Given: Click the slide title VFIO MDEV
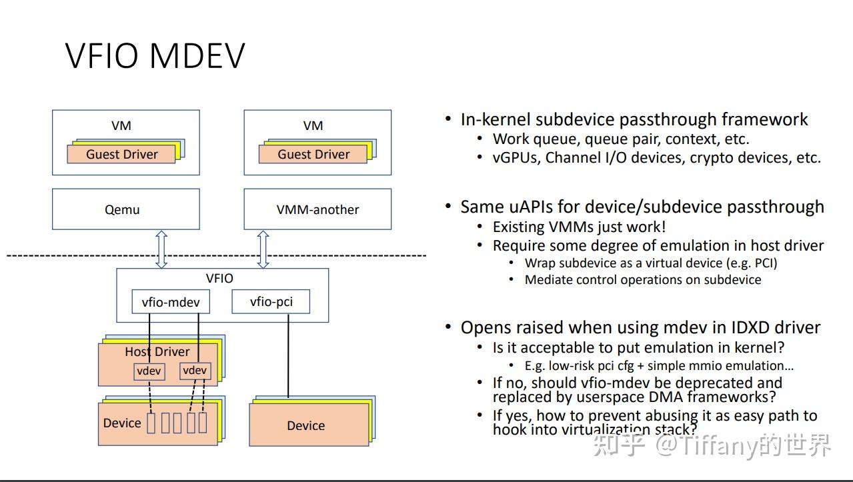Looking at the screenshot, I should [155, 55].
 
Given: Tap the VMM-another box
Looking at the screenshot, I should [317, 209].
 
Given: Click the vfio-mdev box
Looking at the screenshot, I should [171, 302].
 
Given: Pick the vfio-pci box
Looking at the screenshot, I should [271, 302].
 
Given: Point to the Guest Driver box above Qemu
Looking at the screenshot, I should [121, 155].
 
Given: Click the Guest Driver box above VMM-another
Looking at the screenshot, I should [313, 155].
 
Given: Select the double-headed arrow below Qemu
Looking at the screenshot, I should [161, 249].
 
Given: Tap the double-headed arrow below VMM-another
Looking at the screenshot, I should [263, 249].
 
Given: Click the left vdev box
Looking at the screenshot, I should [149, 371].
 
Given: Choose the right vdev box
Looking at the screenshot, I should [195, 371].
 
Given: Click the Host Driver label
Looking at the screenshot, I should [157, 351].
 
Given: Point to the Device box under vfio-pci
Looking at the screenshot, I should [306, 425].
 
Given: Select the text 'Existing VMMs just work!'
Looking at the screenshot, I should [579, 227].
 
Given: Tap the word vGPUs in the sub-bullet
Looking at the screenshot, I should [514, 158].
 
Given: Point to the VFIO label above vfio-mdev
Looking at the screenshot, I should [219, 279].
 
